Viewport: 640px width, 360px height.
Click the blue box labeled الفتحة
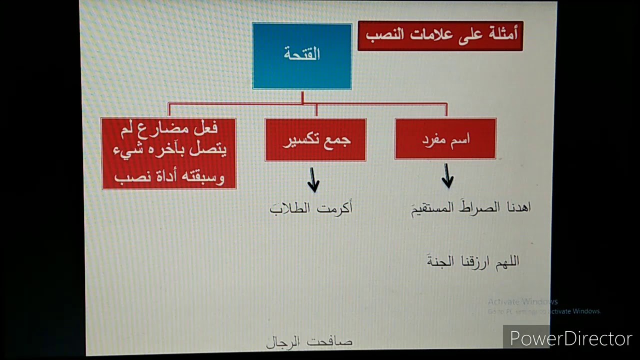[x=302, y=56]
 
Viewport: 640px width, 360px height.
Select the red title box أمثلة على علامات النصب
[x=440, y=35]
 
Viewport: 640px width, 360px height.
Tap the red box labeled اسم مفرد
[x=445, y=139]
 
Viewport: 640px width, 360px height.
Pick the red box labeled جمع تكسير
[x=315, y=140]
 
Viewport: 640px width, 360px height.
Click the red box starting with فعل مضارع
[x=169, y=153]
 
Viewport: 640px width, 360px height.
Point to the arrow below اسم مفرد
[x=447, y=176]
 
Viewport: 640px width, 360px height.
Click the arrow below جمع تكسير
[x=313, y=180]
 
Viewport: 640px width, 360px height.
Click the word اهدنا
[x=516, y=207]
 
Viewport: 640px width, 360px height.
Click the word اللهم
[x=505, y=261]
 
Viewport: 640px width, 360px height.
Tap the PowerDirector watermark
[x=570, y=338]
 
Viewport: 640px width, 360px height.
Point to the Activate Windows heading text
[x=522, y=301]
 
